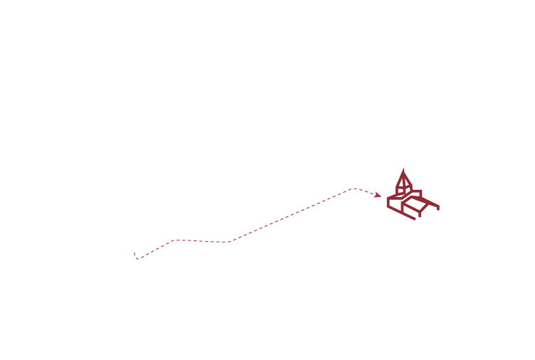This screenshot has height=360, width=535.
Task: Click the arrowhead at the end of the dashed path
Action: point(378,195)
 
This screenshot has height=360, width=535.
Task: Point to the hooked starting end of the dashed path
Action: point(135,255)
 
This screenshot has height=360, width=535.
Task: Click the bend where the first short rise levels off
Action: point(175,240)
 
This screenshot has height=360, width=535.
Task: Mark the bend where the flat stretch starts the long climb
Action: point(229,242)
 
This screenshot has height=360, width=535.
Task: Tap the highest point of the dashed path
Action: point(354,189)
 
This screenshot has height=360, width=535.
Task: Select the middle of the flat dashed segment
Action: point(202,241)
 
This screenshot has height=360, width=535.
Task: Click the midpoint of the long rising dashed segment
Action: point(292,215)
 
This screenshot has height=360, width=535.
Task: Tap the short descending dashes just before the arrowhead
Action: point(366,191)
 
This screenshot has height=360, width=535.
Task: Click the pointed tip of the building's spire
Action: point(404,169)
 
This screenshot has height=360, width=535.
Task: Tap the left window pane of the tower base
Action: point(401,190)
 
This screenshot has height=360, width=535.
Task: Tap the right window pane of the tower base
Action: point(408,189)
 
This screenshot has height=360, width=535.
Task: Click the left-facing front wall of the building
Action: point(395,203)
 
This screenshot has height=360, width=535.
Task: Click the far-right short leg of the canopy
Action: point(438,208)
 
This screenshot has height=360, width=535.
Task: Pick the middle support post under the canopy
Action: point(420,213)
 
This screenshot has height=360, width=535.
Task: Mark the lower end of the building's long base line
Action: point(414,218)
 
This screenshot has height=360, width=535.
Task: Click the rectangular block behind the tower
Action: point(416,194)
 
